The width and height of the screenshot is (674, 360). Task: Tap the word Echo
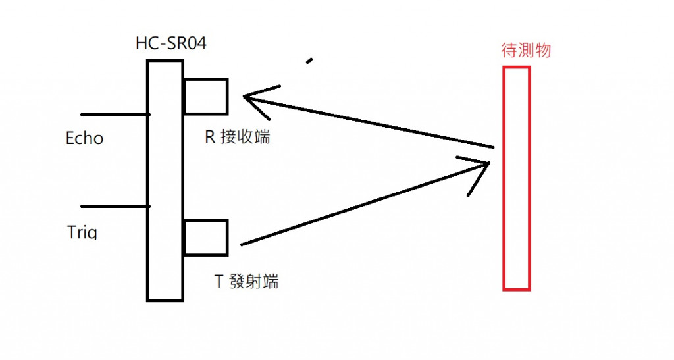(85, 138)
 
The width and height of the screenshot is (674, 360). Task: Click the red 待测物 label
(526, 51)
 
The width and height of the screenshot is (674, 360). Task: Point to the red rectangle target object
(517, 178)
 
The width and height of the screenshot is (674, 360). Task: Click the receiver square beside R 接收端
(206, 96)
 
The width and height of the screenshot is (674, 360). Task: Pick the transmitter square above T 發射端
(206, 238)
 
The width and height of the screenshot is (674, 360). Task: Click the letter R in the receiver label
(211, 139)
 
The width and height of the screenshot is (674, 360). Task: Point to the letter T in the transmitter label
(219, 282)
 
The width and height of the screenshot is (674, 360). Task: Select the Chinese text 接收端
(246, 139)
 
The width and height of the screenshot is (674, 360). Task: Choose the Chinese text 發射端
(254, 282)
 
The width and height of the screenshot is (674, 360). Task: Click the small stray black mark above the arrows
(309, 62)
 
